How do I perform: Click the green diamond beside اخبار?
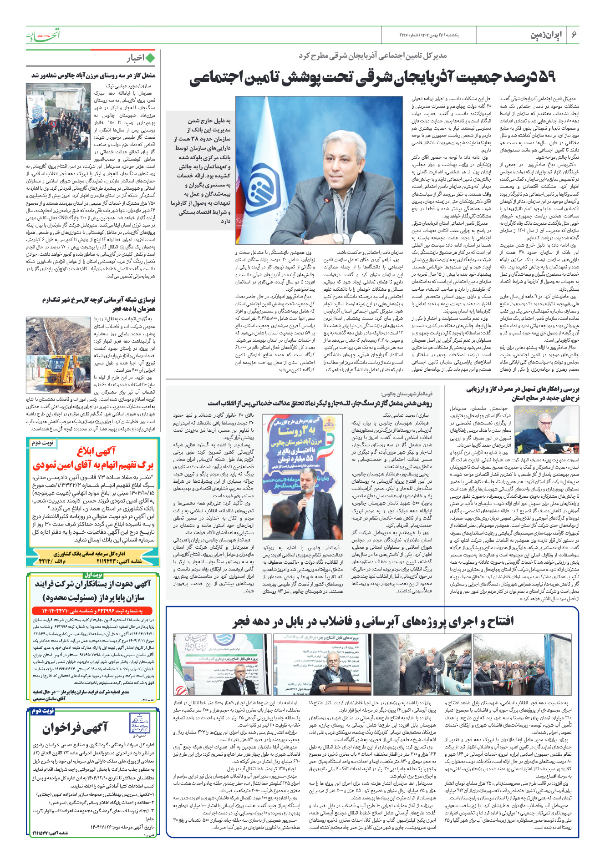tap(150, 58)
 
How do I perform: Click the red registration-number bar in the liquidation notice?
tap(94, 611)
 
